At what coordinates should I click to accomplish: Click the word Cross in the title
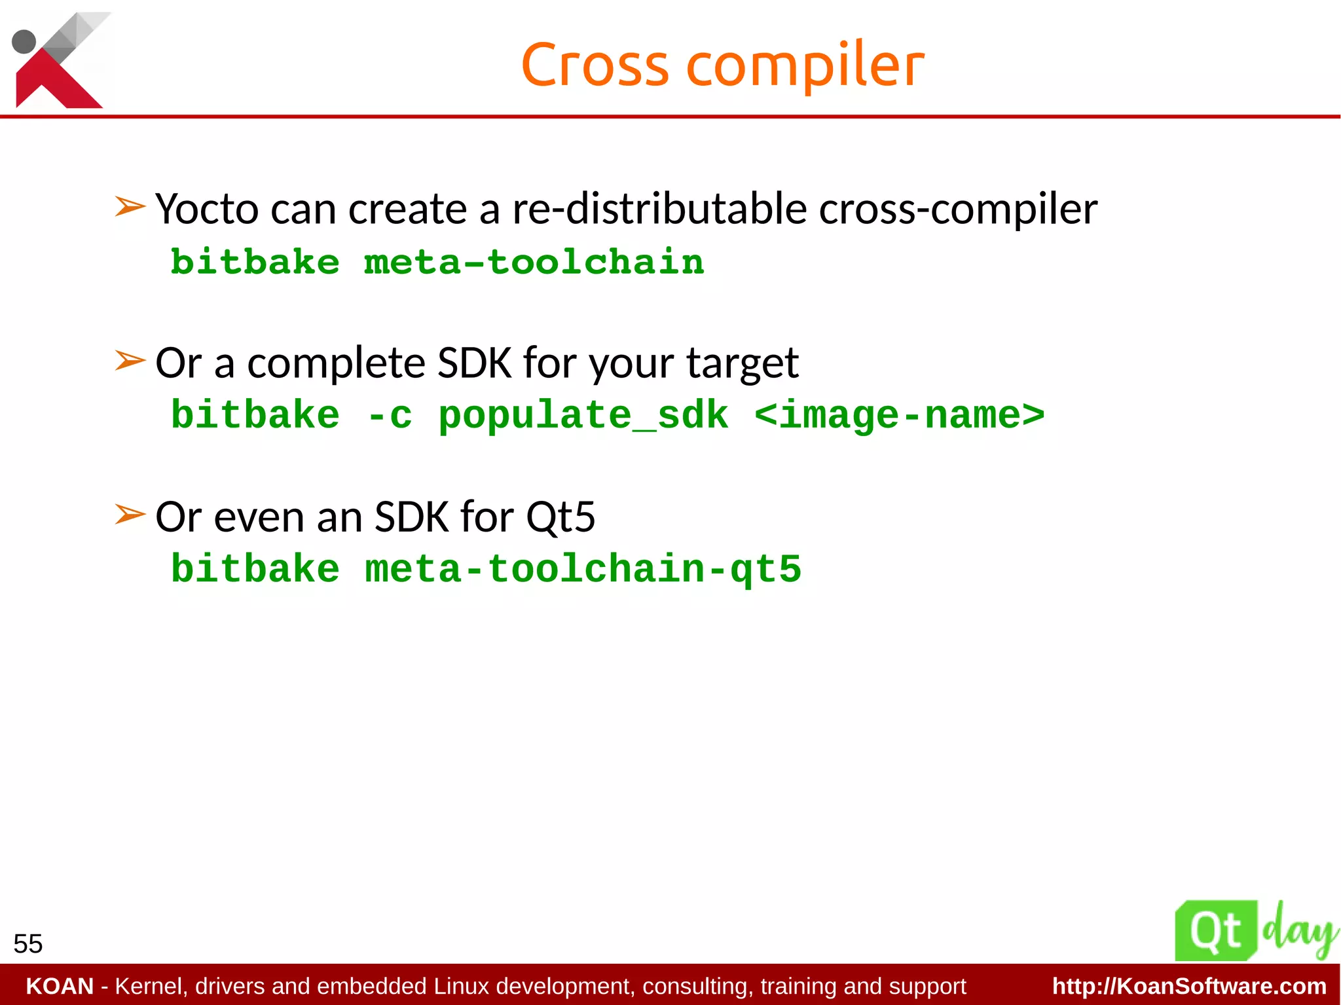(595, 65)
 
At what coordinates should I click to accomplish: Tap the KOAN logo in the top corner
(58, 60)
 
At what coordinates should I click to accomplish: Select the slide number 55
(28, 944)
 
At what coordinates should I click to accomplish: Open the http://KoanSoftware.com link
(1189, 986)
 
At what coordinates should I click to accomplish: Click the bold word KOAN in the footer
(60, 986)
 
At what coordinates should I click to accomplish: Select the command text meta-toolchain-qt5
(583, 568)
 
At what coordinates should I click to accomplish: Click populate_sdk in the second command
(583, 416)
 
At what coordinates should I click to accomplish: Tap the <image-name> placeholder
(899, 415)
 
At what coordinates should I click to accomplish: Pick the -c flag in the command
(390, 416)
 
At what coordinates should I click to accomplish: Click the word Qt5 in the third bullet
(560, 517)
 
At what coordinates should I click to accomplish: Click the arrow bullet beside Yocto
(130, 207)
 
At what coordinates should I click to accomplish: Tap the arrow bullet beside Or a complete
(130, 360)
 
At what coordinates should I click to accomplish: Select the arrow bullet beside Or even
(130, 514)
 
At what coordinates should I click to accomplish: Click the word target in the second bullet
(742, 363)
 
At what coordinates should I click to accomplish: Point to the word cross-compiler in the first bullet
(958, 210)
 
